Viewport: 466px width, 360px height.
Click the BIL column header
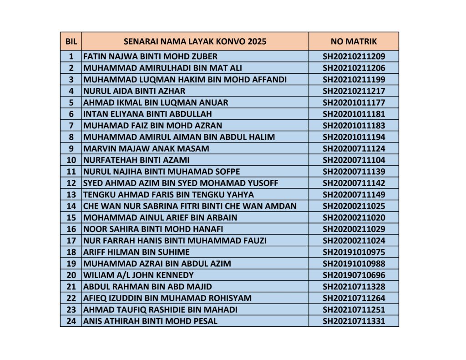pyautogui.click(x=71, y=41)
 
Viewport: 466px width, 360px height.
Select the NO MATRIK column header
pyautogui.click(x=354, y=41)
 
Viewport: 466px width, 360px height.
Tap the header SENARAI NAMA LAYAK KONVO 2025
pyautogui.click(x=195, y=41)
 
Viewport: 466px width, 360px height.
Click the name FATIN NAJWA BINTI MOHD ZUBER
pyautogui.click(x=150, y=57)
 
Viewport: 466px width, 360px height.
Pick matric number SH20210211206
pyautogui.click(x=354, y=68)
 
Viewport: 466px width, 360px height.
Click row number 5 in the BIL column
pyautogui.click(x=71, y=102)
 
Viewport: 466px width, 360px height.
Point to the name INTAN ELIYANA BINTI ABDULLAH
pyautogui.click(x=147, y=114)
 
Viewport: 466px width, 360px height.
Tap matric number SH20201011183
pyautogui.click(x=354, y=126)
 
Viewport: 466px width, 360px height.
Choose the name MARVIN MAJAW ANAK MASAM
pyautogui.click(x=146, y=148)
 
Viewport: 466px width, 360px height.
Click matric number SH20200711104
pyautogui.click(x=354, y=160)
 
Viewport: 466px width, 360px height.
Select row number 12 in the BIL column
pyautogui.click(x=71, y=183)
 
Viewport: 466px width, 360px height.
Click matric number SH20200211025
pyautogui.click(x=354, y=206)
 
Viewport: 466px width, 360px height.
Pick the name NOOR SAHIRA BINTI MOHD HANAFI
pyautogui.click(x=153, y=229)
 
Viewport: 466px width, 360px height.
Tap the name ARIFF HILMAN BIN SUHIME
pyautogui.click(x=137, y=252)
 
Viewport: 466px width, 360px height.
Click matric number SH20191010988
pyautogui.click(x=354, y=264)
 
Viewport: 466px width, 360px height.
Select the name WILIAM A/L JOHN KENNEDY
pyautogui.click(x=138, y=275)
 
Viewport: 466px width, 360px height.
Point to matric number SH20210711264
pyautogui.click(x=354, y=298)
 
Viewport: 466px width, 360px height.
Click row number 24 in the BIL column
pyautogui.click(x=71, y=321)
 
